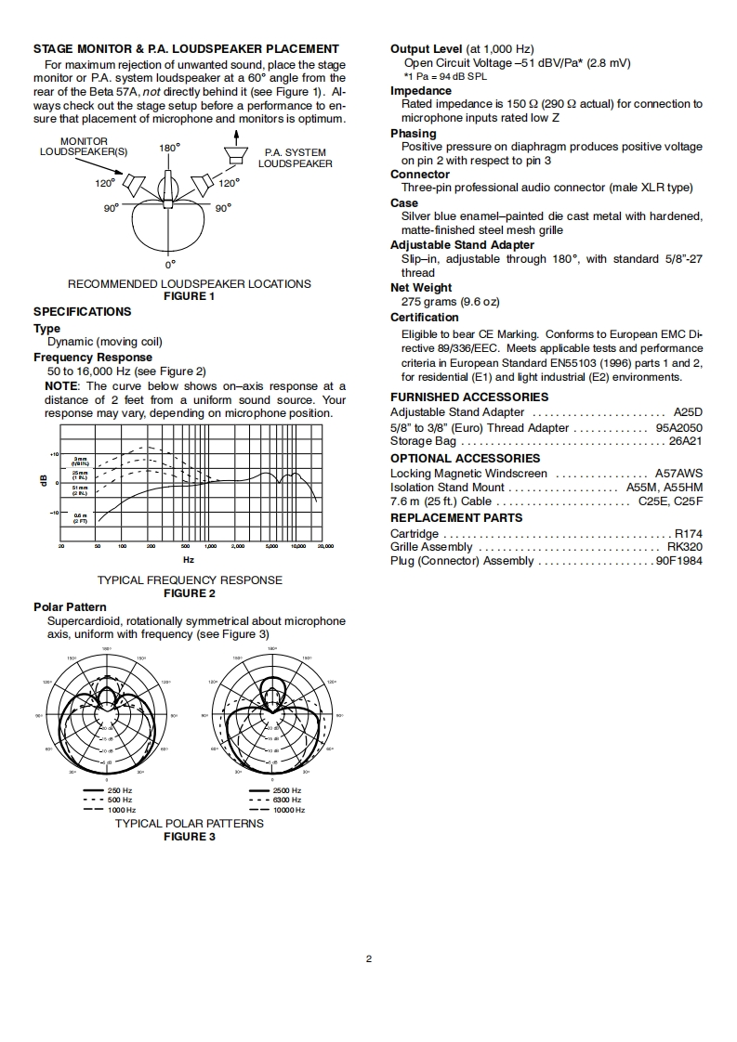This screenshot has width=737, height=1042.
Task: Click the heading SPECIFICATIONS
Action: coord(82,312)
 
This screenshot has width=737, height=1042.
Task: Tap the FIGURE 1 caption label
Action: coord(189,296)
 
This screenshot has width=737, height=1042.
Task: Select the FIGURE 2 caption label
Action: coord(189,593)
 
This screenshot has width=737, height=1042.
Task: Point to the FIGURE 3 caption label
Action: coord(189,837)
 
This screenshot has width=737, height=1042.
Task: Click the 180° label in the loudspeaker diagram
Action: coord(169,148)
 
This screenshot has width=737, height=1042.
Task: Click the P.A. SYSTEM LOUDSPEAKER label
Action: coord(295,158)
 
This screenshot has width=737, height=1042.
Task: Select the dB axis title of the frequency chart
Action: coord(42,480)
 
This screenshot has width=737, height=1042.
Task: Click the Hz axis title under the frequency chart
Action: coord(189,559)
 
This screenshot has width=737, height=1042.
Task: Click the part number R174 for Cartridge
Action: coord(688,534)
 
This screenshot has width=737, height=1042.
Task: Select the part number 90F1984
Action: coord(679,561)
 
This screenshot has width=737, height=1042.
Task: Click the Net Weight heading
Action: coord(421,288)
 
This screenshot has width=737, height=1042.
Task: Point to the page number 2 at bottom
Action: coord(368,959)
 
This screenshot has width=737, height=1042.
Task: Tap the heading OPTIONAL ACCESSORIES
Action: coord(465,459)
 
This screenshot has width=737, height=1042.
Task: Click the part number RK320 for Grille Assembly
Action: coord(685,548)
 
